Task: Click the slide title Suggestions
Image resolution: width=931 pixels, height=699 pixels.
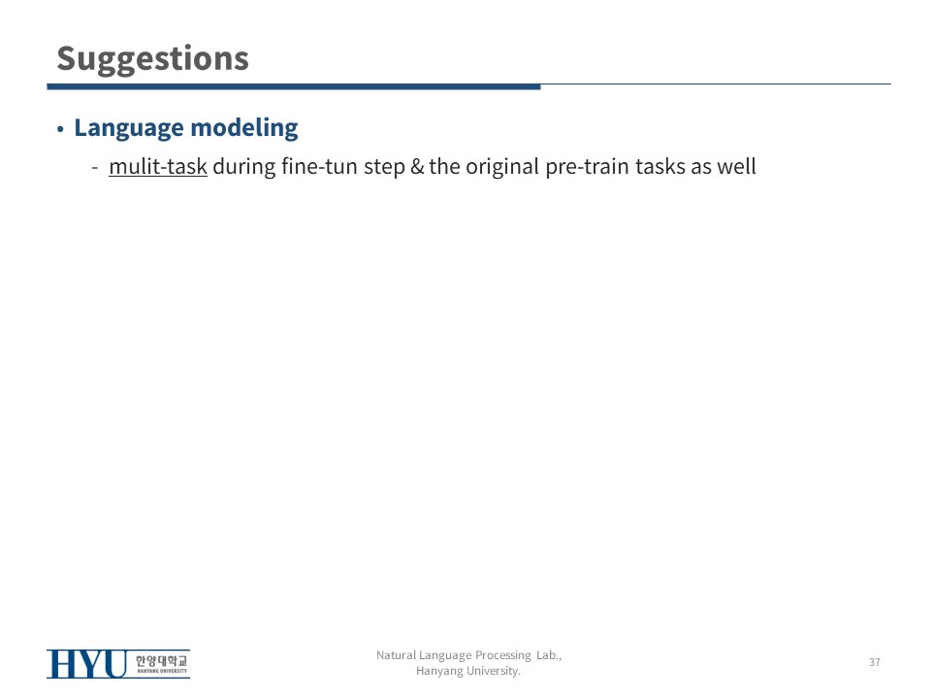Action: click(152, 59)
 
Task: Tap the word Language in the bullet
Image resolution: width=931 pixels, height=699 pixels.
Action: click(129, 128)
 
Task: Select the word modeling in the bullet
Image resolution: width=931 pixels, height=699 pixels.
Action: click(244, 128)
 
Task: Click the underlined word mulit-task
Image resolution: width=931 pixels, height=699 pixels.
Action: click(158, 166)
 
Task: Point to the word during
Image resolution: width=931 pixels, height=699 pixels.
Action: click(244, 167)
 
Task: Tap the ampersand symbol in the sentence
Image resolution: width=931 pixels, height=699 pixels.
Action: click(417, 167)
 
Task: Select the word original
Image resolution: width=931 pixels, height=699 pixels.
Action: click(502, 167)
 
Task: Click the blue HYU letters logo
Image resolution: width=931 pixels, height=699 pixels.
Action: click(87, 664)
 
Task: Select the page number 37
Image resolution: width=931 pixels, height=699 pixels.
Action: click(875, 662)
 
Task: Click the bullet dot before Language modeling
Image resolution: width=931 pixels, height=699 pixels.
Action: click(60, 129)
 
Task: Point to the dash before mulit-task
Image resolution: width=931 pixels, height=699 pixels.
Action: click(95, 168)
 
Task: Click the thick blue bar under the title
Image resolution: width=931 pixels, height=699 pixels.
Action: click(294, 86)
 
